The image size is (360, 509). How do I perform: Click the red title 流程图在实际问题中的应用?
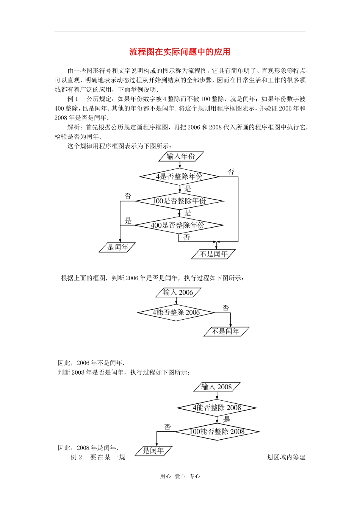pos(180,52)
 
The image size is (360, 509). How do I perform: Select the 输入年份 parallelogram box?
pos(181,156)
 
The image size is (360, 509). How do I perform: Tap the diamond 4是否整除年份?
pos(179,176)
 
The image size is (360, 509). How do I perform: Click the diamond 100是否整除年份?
pos(179,201)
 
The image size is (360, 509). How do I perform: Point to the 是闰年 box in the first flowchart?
pos(117,247)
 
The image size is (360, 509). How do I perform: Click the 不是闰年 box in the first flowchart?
pos(213,254)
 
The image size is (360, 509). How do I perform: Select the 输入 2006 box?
pos(178,292)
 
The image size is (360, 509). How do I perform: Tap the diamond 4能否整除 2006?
pos(176,312)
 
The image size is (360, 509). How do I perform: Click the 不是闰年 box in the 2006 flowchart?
pos(226,331)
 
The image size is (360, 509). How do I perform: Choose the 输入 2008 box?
pos(216,387)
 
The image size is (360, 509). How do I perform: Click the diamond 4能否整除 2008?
pos(216,408)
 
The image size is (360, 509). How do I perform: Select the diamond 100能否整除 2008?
pos(217,431)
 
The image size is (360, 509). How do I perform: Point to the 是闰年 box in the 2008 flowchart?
pos(153,450)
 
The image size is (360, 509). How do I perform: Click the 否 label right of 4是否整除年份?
pos(231,172)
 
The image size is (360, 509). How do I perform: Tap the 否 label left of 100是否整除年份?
pos(128,196)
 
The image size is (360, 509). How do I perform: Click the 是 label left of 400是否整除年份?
pos(128,220)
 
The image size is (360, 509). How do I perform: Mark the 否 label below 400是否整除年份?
pos(186,237)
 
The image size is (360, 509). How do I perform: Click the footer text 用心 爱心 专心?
pos(180,476)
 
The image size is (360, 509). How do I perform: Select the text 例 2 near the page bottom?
pos(76,457)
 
